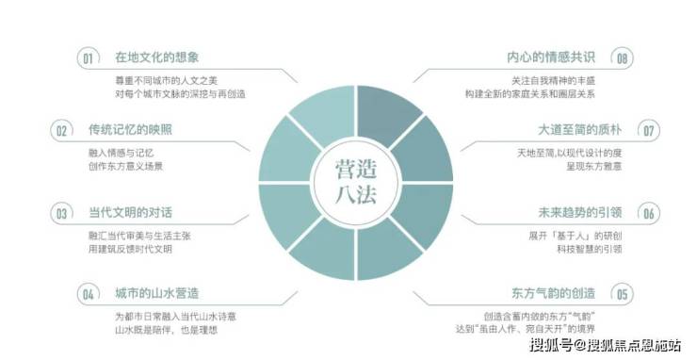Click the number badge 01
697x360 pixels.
(88, 58)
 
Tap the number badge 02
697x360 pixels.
(61, 131)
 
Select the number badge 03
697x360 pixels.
(61, 213)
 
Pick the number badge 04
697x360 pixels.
(88, 294)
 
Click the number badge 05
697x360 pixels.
(622, 294)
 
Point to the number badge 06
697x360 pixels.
(649, 213)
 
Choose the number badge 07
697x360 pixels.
(649, 131)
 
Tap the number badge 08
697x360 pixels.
(622, 58)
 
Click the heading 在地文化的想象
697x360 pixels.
(157, 57)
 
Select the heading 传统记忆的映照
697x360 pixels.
(130, 130)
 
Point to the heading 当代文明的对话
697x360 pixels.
(130, 212)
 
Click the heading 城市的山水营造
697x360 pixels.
(157, 293)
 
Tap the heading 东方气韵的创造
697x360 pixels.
(553, 293)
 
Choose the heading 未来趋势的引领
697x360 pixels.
(579, 212)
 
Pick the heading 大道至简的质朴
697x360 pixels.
(579, 130)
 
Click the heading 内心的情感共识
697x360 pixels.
(551, 57)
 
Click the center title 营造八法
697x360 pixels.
(356, 182)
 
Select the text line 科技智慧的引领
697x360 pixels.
(590, 249)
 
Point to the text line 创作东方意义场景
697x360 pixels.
(126, 167)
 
